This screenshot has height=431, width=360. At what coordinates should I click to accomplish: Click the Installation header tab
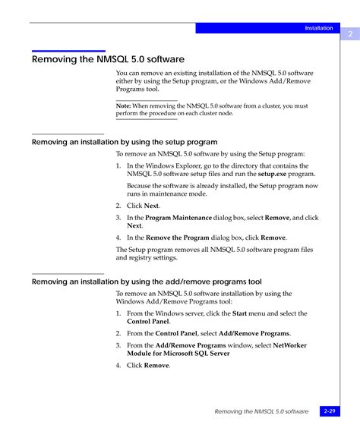(318, 28)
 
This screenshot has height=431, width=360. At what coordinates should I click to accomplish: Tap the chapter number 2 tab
(350, 34)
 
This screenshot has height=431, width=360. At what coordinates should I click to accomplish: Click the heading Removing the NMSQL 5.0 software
(108, 59)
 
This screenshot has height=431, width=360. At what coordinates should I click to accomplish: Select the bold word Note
(123, 106)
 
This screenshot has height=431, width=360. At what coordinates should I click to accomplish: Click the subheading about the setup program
(125, 142)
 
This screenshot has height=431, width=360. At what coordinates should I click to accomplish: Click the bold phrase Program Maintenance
(178, 218)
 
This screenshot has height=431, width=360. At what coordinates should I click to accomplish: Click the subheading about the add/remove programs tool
(147, 282)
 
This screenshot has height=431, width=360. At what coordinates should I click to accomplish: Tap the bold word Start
(239, 313)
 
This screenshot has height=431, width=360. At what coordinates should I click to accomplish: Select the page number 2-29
(330, 411)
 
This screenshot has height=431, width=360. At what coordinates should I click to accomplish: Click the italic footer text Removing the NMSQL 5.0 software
(261, 411)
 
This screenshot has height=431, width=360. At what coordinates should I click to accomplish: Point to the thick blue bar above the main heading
(68, 51)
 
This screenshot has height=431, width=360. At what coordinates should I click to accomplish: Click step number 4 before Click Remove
(118, 366)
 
